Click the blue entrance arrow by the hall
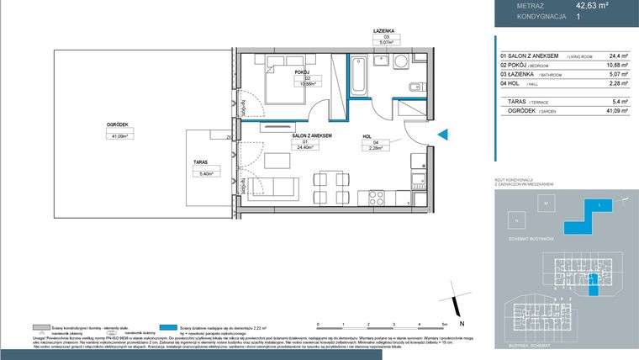tap(445, 132)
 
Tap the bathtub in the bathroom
tap(359, 73)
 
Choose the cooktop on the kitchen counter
tap(374, 199)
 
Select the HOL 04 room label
tap(367, 140)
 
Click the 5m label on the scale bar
tap(442, 324)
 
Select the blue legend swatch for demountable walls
tap(171, 326)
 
